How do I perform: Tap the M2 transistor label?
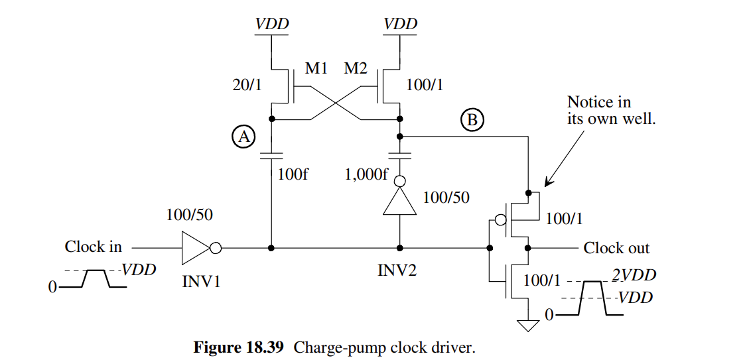click(x=356, y=68)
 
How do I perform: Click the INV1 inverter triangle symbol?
click(x=196, y=248)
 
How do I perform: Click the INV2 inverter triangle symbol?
click(x=399, y=200)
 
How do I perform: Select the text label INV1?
click(x=201, y=280)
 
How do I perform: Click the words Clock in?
click(x=93, y=247)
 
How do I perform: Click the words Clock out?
click(x=616, y=248)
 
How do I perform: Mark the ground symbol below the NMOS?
click(x=528, y=325)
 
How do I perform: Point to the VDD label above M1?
click(x=272, y=25)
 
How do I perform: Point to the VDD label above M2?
click(x=401, y=25)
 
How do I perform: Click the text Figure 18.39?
click(x=240, y=347)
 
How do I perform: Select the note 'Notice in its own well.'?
click(x=610, y=111)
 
